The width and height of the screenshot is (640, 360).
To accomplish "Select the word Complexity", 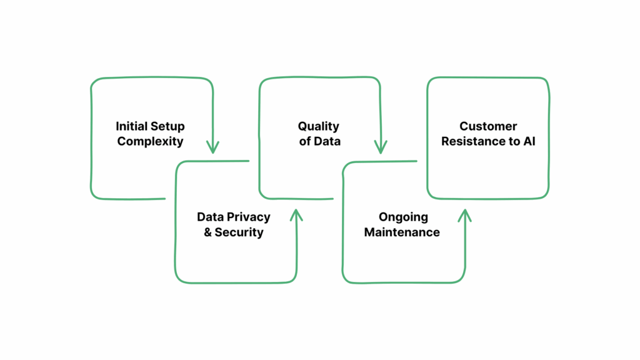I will (150, 141).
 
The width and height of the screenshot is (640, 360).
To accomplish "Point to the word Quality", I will (318, 126).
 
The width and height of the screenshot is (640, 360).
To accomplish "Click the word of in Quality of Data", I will (304, 141).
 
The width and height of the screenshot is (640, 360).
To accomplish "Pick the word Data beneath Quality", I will (327, 141).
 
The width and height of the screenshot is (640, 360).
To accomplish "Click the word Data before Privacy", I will (210, 217).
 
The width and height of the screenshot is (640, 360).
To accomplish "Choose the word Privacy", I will (248, 217).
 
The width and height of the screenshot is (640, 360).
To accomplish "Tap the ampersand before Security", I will (207, 232).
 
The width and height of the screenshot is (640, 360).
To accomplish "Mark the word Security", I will (239, 232).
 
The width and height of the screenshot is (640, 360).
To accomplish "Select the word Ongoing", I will (403, 217).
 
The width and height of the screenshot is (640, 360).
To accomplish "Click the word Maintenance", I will (402, 232).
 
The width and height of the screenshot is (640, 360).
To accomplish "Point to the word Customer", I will (488, 126).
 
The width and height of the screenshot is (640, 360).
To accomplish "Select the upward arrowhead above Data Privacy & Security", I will (296, 215).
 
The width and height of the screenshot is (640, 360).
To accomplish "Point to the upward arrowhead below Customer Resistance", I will (464, 216).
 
